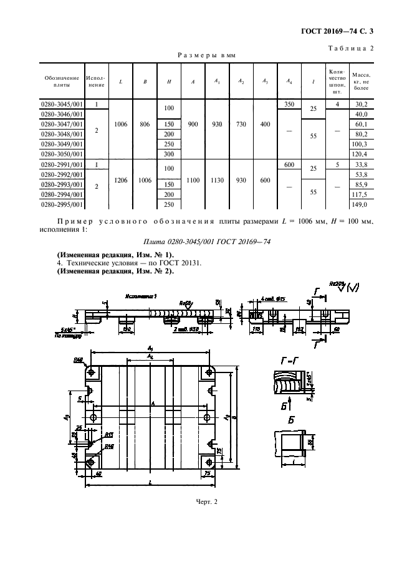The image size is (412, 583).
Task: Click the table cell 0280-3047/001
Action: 61,125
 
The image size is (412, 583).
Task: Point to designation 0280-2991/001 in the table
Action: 61,165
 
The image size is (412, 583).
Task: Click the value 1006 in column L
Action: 122,124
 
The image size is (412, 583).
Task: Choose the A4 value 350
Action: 289,104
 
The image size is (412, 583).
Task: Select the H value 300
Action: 168,153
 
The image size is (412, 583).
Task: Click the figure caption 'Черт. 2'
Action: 206,501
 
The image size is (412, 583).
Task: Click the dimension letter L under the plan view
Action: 151,483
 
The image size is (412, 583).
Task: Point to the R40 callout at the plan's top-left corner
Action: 79,359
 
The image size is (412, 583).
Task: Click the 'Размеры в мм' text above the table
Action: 206,55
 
